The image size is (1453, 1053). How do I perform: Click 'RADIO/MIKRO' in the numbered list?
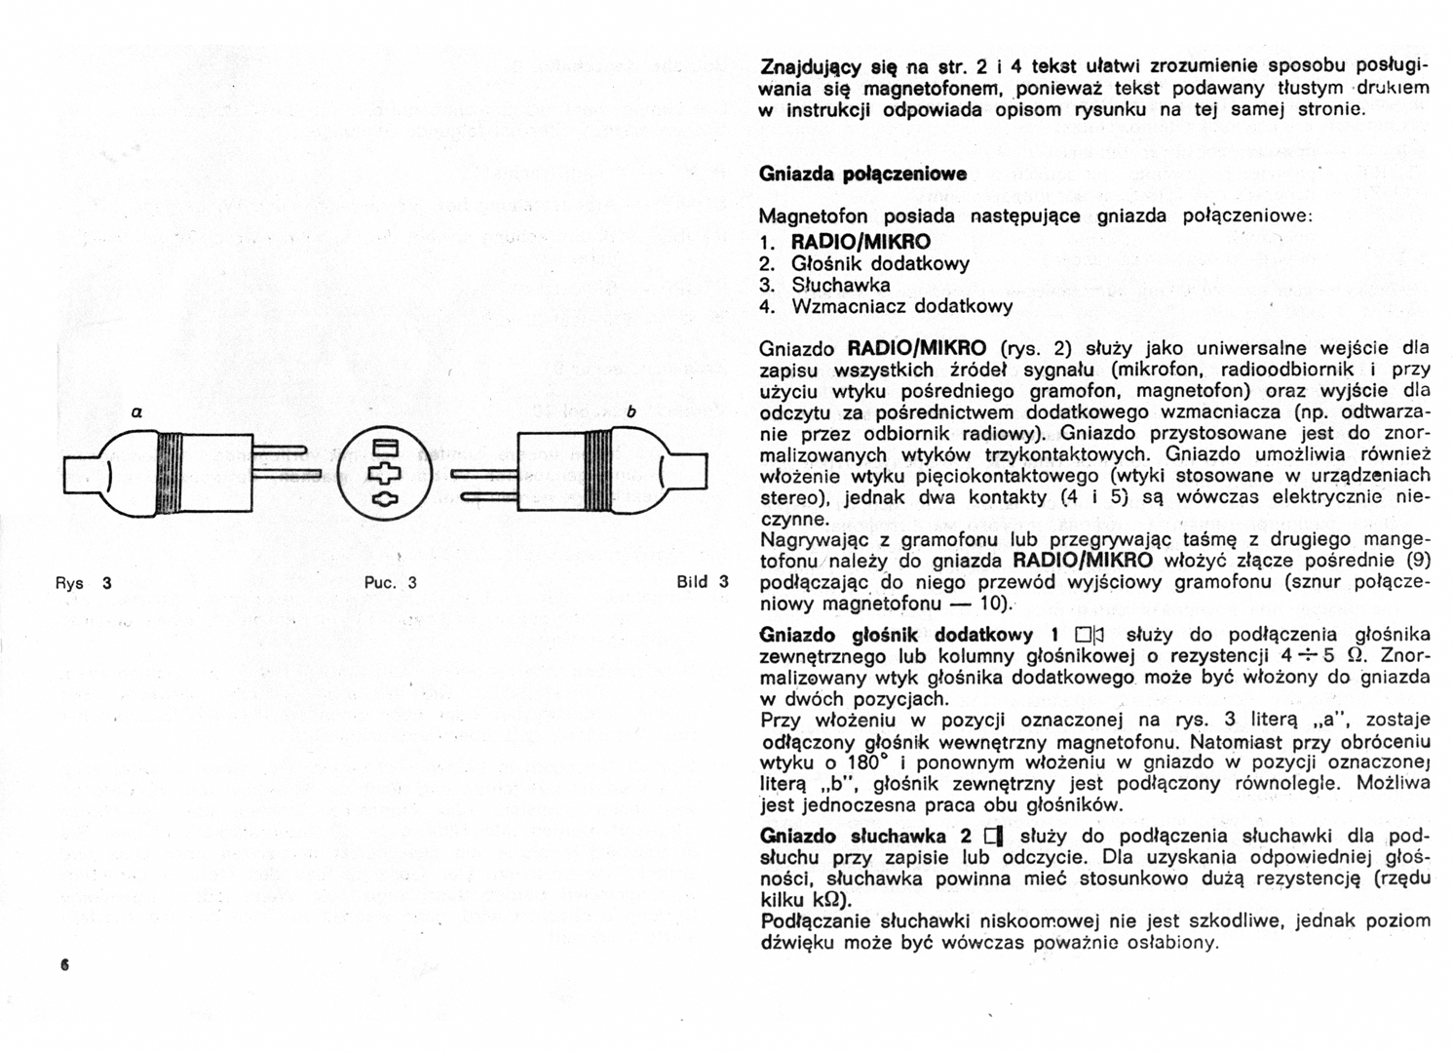point(860,242)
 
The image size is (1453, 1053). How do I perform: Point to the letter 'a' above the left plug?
point(139,412)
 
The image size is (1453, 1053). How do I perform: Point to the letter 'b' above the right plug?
point(631,412)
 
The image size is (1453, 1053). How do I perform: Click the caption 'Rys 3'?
point(83,583)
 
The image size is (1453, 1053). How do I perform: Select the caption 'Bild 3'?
point(702,582)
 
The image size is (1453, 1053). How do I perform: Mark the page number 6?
point(65,966)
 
